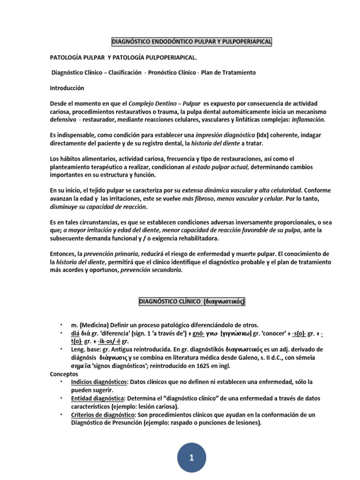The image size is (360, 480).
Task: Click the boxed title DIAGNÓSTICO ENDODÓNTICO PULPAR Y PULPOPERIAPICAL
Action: pos(191,43)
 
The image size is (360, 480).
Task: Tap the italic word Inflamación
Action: pos(308,120)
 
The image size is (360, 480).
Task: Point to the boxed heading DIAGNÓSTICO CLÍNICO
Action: pos(191,302)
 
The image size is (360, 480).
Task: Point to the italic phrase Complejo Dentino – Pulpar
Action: pos(165,104)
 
